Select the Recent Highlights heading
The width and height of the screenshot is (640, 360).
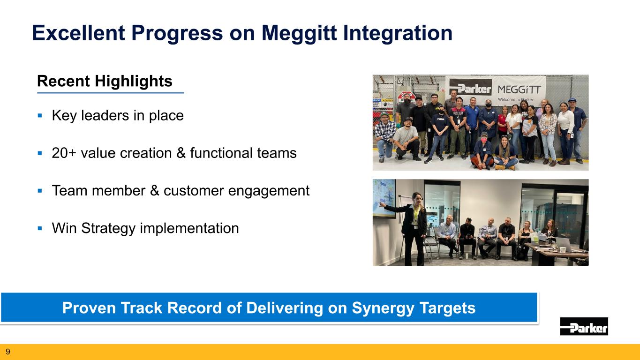[x=105, y=82]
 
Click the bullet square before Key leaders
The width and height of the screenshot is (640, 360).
[x=40, y=116]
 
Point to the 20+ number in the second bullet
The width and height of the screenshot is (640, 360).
[x=64, y=153]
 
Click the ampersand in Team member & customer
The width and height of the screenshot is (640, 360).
[x=155, y=190]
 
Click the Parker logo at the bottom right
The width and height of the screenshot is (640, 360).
[x=584, y=326]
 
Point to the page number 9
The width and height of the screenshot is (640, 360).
[x=8, y=352]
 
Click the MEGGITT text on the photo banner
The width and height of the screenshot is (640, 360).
[x=519, y=90]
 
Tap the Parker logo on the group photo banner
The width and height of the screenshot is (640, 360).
[x=470, y=88]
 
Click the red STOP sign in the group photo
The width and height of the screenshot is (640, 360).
[x=407, y=96]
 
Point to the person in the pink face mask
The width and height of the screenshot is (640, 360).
[x=483, y=150]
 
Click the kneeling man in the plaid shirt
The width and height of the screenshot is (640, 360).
[x=385, y=137]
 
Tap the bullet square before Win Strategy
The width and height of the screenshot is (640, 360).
[x=40, y=228]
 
